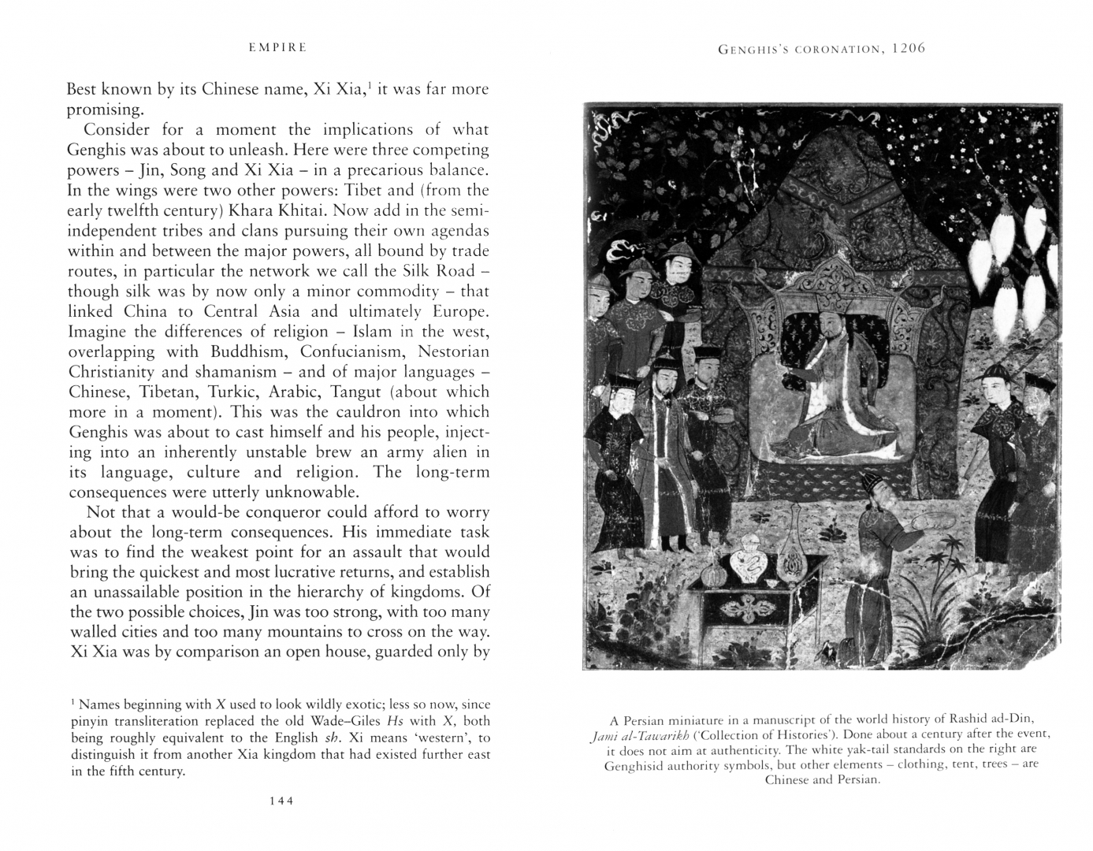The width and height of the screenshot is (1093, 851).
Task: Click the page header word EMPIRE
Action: click(x=277, y=48)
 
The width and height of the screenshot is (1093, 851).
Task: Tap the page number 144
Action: click(x=281, y=801)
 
